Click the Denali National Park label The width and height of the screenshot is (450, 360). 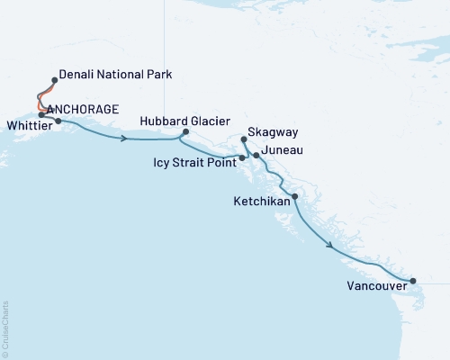pyautogui.click(x=115, y=76)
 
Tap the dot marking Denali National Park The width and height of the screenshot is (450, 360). pyautogui.click(x=55, y=80)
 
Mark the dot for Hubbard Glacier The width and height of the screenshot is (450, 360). pyautogui.click(x=184, y=132)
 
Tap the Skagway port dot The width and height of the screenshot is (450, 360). pyautogui.click(x=244, y=139)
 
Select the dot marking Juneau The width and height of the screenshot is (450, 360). pyautogui.click(x=256, y=156)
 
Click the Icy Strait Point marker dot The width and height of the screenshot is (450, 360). pyautogui.click(x=242, y=158)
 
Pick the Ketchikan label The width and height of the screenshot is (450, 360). pyautogui.click(x=261, y=202)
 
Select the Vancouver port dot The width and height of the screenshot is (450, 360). pyautogui.click(x=412, y=282)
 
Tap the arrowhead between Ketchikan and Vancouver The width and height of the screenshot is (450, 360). pyautogui.click(x=332, y=245)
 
